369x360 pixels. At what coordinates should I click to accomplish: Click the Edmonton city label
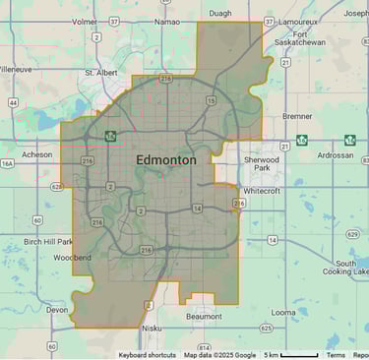pyautogui.click(x=165, y=159)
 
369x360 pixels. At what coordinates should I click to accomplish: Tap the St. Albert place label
pyautogui.click(x=101, y=72)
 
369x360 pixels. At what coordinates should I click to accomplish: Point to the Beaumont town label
pyautogui.click(x=204, y=316)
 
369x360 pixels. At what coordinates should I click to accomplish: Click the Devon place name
pyautogui.click(x=57, y=309)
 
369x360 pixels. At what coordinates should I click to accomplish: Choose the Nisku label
pyautogui.click(x=152, y=329)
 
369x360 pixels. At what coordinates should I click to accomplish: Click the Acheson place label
pyautogui.click(x=37, y=154)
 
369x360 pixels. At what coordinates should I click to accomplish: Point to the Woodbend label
pyautogui.click(x=72, y=258)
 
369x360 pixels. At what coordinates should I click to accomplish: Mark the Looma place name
pyautogui.click(x=283, y=312)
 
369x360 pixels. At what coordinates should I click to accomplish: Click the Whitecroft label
pyautogui.click(x=262, y=191)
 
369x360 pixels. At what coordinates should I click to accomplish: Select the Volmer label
pyautogui.click(x=84, y=20)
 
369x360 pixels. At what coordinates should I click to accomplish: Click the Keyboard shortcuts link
pyautogui.click(x=148, y=355)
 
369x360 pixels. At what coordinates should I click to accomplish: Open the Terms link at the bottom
pyautogui.click(x=336, y=355)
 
